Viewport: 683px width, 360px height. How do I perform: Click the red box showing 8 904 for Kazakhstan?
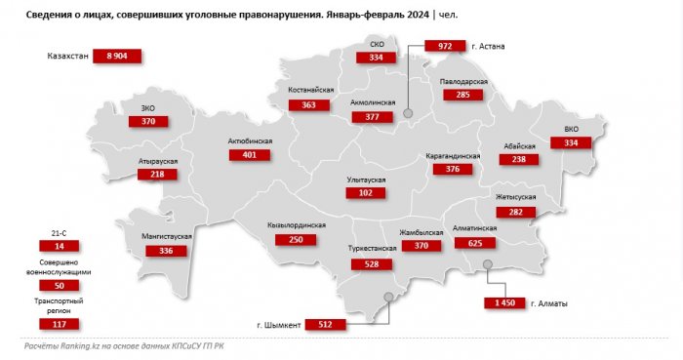point(117,57)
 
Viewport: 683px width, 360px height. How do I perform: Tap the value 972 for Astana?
point(445,46)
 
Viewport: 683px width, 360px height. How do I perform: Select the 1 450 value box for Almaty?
point(504,304)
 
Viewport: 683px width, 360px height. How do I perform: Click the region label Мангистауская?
point(158,237)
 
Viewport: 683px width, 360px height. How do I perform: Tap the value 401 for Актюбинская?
point(249,155)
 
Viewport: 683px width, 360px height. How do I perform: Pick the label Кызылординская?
point(296,226)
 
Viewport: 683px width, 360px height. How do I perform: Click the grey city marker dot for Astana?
point(408,113)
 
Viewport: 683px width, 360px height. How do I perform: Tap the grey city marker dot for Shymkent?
point(388,298)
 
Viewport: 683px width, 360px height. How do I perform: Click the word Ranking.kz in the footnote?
point(79,346)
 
